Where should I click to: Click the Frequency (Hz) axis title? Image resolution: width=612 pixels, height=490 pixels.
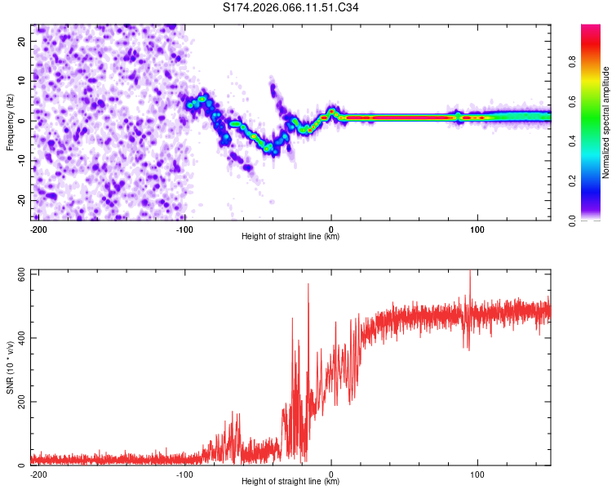pyautogui.click(x=10, y=121)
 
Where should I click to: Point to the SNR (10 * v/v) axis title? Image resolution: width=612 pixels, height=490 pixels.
pyautogui.click(x=10, y=367)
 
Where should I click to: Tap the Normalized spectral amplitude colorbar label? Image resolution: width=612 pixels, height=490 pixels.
pyautogui.click(x=606, y=122)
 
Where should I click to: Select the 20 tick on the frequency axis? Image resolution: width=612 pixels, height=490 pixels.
pyautogui.click(x=22, y=41)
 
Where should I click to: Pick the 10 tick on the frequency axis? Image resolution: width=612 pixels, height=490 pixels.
pyautogui.click(x=22, y=81)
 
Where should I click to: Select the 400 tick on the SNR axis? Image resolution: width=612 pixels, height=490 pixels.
pyautogui.click(x=19, y=337)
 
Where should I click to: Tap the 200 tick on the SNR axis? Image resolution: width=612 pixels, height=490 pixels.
pyautogui.click(x=19, y=402)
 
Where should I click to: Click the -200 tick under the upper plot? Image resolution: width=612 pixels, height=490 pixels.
pyautogui.click(x=37, y=229)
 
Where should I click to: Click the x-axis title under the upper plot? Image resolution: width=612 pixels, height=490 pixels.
pyautogui.click(x=290, y=237)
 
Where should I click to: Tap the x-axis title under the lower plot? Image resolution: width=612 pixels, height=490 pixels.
pyautogui.click(x=290, y=482)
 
